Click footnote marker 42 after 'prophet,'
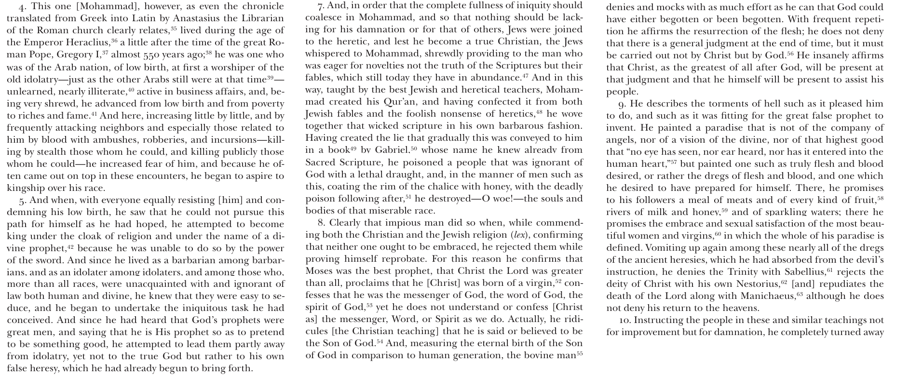point(70,246)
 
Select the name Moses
point(319,271)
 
